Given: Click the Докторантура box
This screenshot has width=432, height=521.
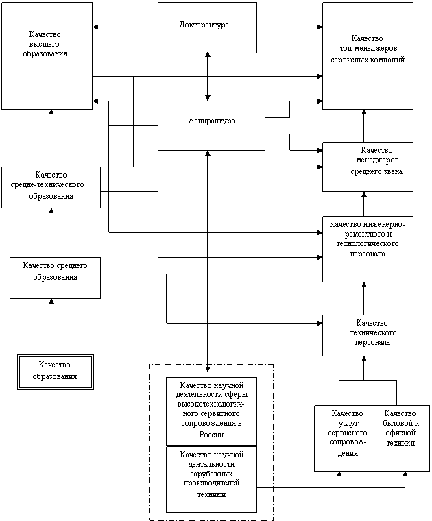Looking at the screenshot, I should tap(207, 27).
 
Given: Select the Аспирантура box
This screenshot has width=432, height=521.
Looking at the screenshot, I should tap(211, 125).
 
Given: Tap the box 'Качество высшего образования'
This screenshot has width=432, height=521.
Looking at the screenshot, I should tap(47, 56).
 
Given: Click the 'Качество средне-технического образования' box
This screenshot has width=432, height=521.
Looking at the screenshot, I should tap(51, 187).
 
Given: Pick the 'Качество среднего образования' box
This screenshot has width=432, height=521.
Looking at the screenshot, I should tap(55, 278).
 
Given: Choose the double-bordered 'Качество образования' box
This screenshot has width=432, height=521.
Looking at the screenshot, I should tap(55, 372).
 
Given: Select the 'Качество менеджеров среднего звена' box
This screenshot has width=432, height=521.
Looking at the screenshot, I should tap(368, 167).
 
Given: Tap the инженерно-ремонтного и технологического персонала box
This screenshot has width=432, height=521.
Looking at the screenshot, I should tap(368, 249).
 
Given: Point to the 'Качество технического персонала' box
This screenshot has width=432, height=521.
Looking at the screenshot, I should tap(368, 335).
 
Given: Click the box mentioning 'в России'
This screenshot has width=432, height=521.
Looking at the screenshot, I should tap(211, 411).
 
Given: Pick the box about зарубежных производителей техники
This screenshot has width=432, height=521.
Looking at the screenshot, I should tap(211, 479).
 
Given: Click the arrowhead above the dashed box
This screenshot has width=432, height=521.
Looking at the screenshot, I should tap(208, 360).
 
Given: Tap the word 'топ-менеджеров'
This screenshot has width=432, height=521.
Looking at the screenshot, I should tap(368, 49).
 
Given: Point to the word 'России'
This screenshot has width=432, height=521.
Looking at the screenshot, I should tap(211, 435).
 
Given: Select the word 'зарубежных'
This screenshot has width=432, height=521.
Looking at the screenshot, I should tap(211, 474).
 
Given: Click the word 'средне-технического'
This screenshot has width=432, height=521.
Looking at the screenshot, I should tap(48, 186).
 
